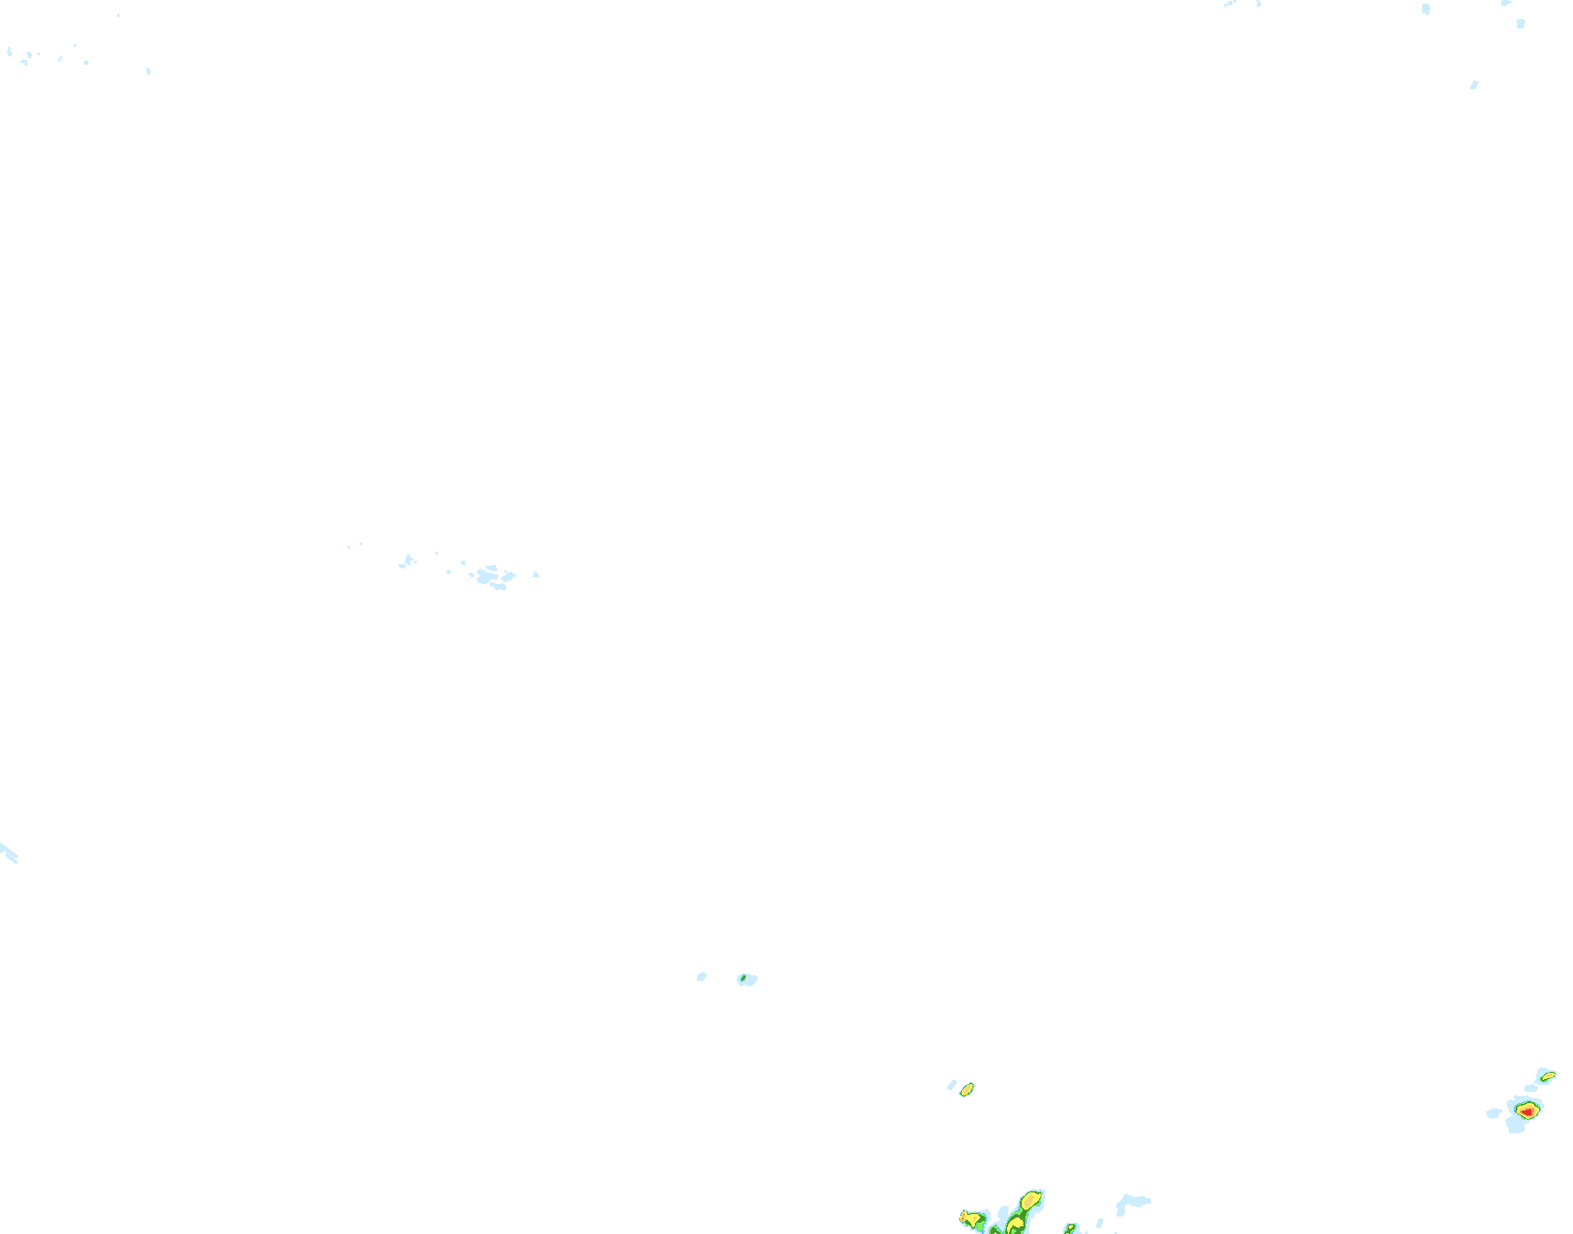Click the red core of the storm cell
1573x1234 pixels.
(1526, 1110)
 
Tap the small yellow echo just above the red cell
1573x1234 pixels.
(1547, 1075)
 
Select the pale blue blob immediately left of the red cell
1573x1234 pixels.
(1493, 1114)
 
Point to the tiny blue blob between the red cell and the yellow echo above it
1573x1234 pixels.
(1531, 1088)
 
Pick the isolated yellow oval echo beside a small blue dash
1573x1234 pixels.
(967, 1089)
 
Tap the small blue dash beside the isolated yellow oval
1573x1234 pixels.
(952, 1085)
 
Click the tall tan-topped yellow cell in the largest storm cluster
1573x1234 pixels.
(1030, 1201)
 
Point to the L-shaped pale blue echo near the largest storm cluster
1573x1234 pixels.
(1129, 1203)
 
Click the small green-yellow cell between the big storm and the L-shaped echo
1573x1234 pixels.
(1071, 1228)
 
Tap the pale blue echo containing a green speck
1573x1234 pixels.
(746, 979)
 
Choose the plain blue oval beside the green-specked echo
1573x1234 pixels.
(701, 977)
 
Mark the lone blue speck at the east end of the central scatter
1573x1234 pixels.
(536, 575)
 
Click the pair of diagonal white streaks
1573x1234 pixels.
(9, 853)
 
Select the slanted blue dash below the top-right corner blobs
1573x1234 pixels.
(1473, 85)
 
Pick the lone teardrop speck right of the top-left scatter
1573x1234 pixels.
(148, 70)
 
